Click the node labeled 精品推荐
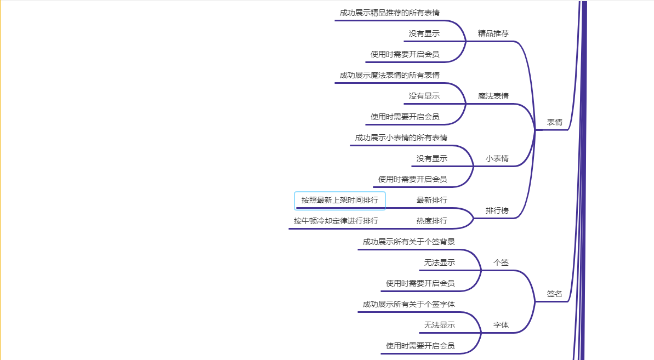[x=493, y=33]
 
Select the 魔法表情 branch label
[x=493, y=96]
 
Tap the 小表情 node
[x=497, y=158]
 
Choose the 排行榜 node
[x=497, y=210]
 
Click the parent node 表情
[x=554, y=122]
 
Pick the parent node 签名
[x=554, y=294]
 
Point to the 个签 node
[x=501, y=262]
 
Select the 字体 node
[x=501, y=325]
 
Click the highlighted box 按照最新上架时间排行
[x=340, y=201]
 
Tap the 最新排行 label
[x=431, y=200]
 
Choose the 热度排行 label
[x=431, y=221]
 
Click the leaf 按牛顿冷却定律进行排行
[x=335, y=221]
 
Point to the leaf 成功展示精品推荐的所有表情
[x=389, y=13]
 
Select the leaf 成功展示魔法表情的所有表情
[x=389, y=75]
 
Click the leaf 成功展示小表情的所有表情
[x=401, y=138]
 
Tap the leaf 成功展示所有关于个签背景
[x=408, y=242]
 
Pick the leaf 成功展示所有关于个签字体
[x=408, y=304]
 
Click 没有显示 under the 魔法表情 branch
[x=424, y=96]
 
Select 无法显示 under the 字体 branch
[x=439, y=325]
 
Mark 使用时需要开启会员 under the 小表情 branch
[x=412, y=179]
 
